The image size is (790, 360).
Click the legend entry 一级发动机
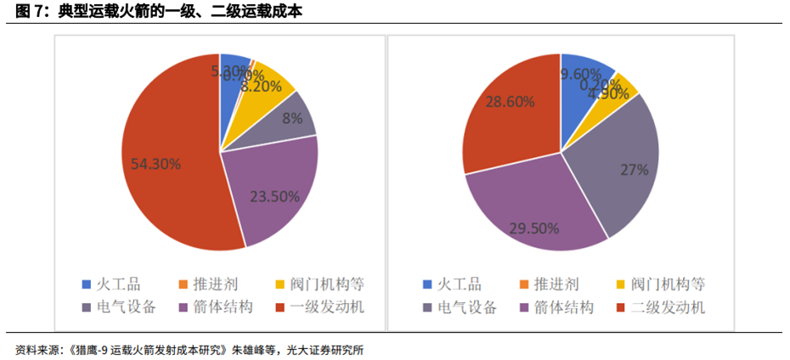click(x=327, y=307)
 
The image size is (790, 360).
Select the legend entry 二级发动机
click(x=668, y=307)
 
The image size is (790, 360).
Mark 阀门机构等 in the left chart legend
click(x=327, y=284)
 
